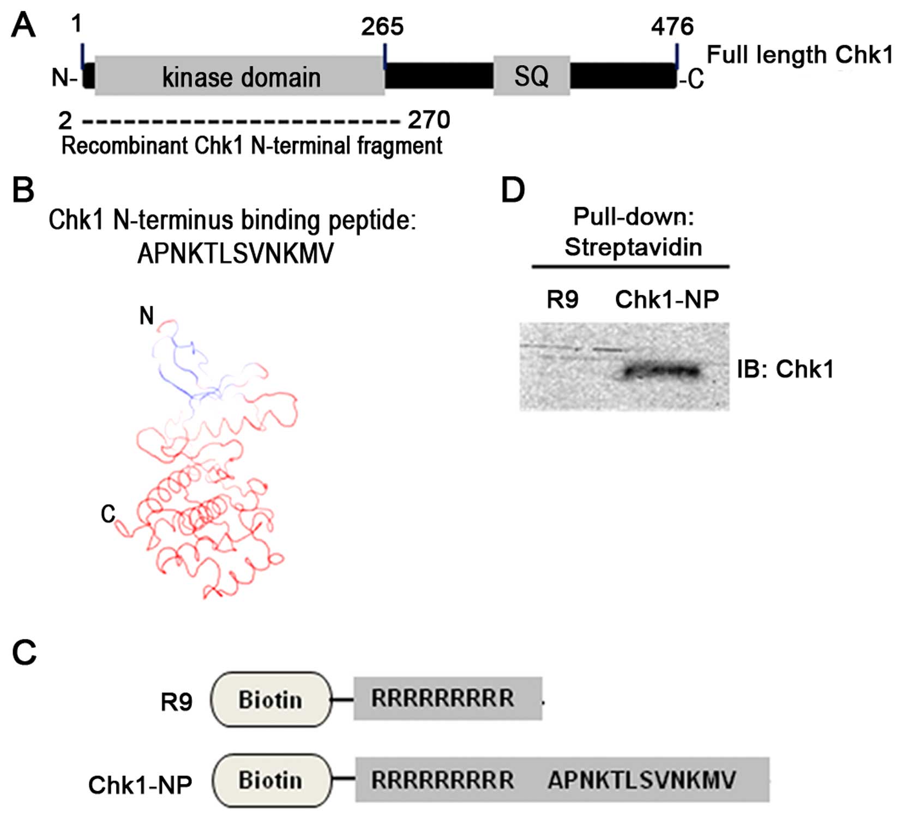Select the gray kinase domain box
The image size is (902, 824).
tap(240, 76)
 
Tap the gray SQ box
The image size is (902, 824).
tap(532, 76)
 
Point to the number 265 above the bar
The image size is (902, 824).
tap(382, 27)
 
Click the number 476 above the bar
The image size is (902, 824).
tap(672, 27)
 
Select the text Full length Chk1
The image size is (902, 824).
tap(799, 55)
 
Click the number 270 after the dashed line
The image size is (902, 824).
tap(429, 120)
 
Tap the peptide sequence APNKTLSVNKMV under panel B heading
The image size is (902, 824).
tap(235, 253)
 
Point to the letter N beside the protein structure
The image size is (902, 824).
tap(147, 316)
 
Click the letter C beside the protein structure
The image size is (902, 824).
tap(108, 513)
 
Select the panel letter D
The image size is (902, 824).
tap(513, 190)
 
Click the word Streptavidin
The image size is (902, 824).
tap(633, 247)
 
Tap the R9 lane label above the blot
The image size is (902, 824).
tap(562, 299)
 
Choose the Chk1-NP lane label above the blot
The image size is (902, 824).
tap(667, 299)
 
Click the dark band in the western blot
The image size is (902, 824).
tap(663, 372)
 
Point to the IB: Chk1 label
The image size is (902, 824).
tap(785, 369)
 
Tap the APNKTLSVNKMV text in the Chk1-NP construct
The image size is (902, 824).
tap(642, 780)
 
